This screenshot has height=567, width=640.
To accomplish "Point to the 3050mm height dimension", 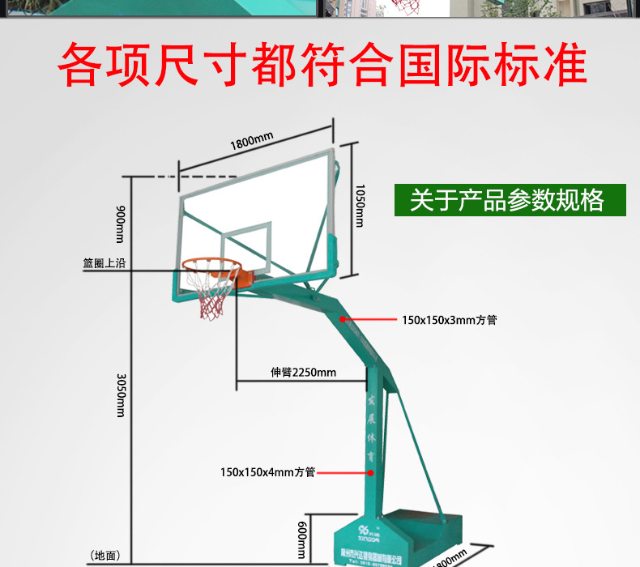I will [x=121, y=394].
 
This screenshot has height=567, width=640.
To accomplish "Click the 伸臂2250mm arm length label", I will [x=303, y=373].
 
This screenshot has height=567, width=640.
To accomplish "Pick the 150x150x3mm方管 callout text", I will [x=449, y=320].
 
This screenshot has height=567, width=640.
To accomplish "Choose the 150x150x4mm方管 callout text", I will [x=267, y=471].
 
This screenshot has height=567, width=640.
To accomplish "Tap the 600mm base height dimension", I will [x=301, y=539].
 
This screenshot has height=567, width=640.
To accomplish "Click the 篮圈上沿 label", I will [x=104, y=263].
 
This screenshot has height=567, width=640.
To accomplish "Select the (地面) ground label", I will [x=106, y=556].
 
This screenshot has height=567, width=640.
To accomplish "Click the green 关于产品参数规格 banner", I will [x=510, y=200].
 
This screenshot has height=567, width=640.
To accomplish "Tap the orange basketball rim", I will [x=211, y=265].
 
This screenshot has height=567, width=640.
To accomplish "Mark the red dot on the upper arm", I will [x=343, y=319].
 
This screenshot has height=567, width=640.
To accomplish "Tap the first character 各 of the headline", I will [x=85, y=64].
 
